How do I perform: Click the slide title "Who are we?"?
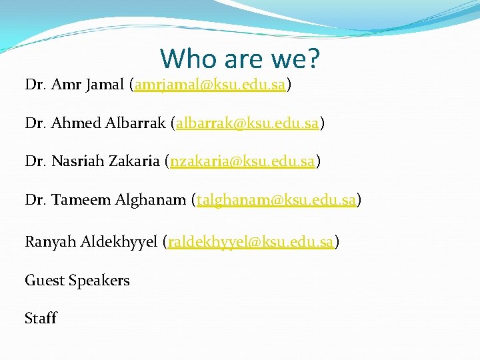pyautogui.click(x=240, y=59)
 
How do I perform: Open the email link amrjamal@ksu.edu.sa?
pyautogui.click(x=210, y=85)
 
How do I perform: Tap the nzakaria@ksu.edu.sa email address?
pyautogui.click(x=242, y=161)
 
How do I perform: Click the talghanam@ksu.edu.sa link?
pyautogui.click(x=276, y=199)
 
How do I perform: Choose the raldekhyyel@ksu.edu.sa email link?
pyautogui.click(x=251, y=242)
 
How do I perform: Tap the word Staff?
pyautogui.click(x=41, y=318)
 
